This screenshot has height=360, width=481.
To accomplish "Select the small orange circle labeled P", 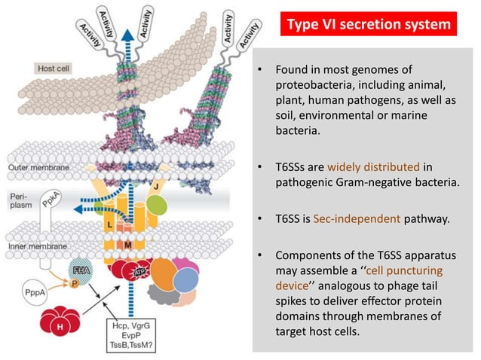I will click(x=75, y=285).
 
